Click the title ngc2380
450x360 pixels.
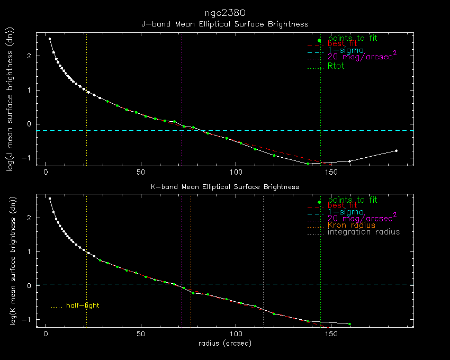(x=224, y=12)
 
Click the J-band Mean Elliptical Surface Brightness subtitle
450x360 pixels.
(x=224, y=24)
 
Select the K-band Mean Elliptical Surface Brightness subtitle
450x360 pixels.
(x=224, y=187)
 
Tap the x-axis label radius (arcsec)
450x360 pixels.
(x=224, y=343)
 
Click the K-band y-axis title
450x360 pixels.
(x=9, y=261)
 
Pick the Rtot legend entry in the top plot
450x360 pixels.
(x=336, y=66)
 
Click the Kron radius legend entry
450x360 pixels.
(x=351, y=225)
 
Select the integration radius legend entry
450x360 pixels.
(x=364, y=232)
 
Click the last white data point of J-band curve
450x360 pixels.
(x=396, y=151)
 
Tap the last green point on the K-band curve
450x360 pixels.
(x=349, y=324)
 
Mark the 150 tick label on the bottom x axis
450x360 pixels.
(x=331, y=334)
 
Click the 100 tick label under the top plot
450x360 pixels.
(x=236, y=172)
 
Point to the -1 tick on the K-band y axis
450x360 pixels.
(x=29, y=319)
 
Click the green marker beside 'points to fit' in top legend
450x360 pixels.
(x=319, y=41)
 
